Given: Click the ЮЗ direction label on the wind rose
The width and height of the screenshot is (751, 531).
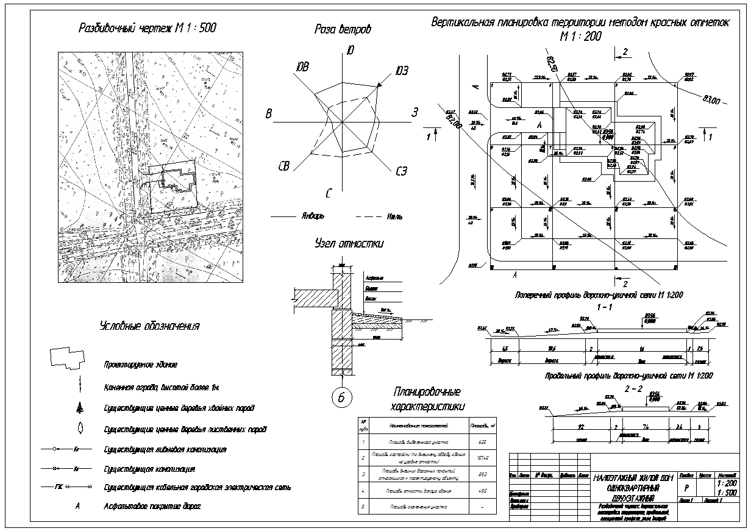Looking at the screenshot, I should click(x=401, y=71).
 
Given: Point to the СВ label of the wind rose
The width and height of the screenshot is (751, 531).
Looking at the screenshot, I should click(x=283, y=166).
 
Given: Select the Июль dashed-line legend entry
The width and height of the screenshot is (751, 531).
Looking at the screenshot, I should click(x=394, y=216).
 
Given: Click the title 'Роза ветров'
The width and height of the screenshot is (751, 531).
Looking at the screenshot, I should click(x=343, y=29).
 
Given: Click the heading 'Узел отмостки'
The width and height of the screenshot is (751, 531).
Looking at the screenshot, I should click(x=349, y=244).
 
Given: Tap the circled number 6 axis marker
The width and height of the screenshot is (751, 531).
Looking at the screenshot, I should click(x=341, y=397).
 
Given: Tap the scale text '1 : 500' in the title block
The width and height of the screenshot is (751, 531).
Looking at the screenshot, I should click(x=727, y=493).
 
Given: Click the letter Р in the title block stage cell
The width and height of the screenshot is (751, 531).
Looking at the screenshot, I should click(x=687, y=488).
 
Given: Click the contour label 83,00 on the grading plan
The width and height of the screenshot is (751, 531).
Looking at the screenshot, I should click(x=711, y=99).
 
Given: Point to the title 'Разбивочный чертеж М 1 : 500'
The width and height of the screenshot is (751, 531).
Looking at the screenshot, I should click(x=148, y=28).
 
